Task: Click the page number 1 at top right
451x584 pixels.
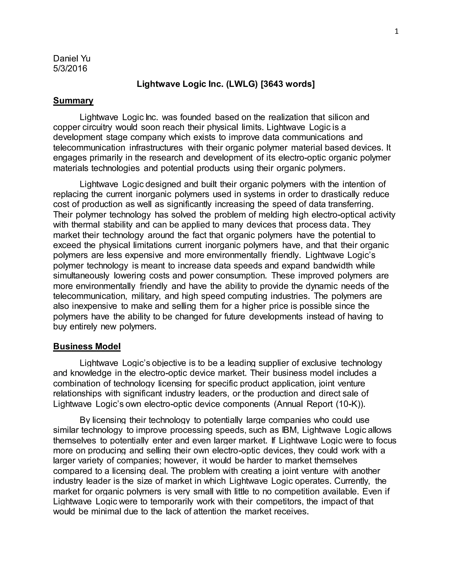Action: click(396, 32)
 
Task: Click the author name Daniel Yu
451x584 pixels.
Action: click(72, 58)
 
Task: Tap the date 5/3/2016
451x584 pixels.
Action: click(70, 69)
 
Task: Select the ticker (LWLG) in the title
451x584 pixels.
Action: click(242, 84)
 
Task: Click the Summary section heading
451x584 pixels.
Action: click(73, 100)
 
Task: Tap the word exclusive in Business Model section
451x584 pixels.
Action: click(319, 363)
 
